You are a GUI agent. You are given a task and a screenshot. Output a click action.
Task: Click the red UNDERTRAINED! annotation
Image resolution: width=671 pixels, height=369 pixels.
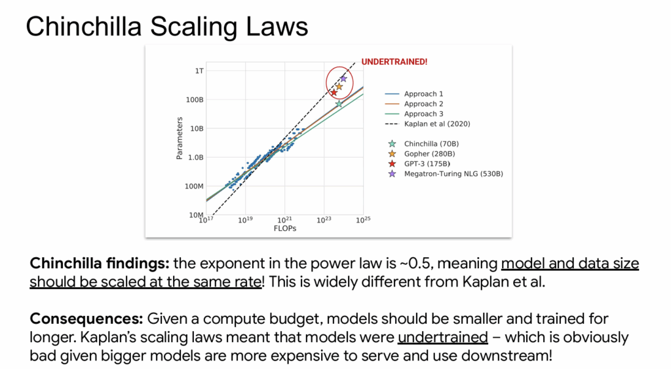coord(394,62)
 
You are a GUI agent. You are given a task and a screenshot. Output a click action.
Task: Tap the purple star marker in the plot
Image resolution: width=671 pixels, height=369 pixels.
coord(343,79)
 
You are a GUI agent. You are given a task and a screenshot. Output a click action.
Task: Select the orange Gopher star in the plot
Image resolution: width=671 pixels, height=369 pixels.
coord(339,87)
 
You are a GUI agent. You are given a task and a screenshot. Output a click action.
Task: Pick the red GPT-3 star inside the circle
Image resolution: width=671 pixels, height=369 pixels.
coord(334,92)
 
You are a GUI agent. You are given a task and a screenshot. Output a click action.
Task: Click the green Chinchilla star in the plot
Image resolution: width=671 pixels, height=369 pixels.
coord(339,104)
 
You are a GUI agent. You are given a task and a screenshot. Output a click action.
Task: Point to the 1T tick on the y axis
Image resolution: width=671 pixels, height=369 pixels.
coord(199,71)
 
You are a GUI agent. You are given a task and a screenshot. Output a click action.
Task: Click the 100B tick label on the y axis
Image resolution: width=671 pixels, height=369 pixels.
coord(195,99)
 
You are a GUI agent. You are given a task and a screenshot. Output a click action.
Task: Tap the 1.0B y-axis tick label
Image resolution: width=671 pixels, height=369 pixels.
coord(195,157)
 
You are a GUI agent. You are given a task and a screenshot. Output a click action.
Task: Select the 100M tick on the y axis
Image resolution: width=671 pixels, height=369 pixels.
coord(194,186)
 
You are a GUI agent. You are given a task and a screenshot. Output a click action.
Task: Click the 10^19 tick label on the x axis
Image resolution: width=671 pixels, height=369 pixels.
coord(245,220)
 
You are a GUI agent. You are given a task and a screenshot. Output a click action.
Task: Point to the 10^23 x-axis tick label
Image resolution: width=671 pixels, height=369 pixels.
coord(324,220)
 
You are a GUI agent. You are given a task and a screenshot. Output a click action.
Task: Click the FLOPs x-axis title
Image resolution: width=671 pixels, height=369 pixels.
coord(285,228)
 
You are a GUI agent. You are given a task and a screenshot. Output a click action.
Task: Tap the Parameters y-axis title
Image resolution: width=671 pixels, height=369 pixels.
coord(180,139)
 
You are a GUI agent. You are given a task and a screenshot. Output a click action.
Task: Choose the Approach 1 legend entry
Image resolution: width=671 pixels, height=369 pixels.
coord(414,94)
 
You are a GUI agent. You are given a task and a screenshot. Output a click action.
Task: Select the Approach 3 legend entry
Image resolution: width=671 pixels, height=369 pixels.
coord(414,114)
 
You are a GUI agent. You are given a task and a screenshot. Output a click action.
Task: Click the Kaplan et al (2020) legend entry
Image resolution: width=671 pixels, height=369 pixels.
coord(427,124)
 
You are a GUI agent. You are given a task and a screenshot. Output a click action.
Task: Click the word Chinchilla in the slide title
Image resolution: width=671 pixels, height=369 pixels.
coord(84,26)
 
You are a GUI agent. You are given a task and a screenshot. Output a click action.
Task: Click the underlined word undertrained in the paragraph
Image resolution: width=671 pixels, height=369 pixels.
coord(443,338)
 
